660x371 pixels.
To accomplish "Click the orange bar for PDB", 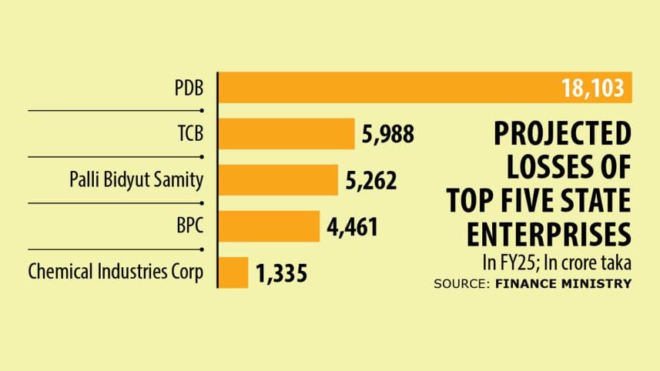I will click(385, 88).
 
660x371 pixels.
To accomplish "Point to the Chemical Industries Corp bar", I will click(234, 272).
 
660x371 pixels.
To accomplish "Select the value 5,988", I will click(388, 135).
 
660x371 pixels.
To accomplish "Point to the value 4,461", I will click(352, 227).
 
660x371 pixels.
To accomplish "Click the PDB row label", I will click(189, 88).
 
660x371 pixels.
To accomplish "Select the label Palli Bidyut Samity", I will click(136, 180).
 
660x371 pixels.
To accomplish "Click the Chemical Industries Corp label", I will click(116, 272).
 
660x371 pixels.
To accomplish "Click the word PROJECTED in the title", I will click(561, 136).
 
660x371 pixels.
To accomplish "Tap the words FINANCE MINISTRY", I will click(578, 283).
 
